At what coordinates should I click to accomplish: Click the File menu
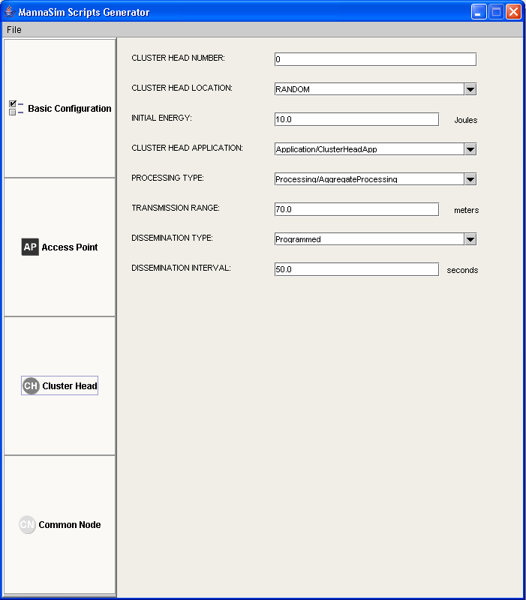pos(14,30)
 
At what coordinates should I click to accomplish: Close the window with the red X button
pos(513,12)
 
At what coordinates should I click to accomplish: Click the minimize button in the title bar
pos(479,12)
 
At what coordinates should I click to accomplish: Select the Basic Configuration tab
pos(60,109)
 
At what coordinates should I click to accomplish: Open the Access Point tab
pos(60,247)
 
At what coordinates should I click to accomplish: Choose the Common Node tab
pos(60,525)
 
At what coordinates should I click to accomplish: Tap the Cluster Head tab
pos(60,386)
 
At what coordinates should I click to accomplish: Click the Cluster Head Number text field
pos(375,59)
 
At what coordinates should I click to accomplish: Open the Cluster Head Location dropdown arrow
pos(470,89)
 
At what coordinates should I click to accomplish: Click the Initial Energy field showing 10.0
pos(356,119)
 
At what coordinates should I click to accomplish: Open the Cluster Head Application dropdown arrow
pos(470,149)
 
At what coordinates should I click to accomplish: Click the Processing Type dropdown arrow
pos(470,179)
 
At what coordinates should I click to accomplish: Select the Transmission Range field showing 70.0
pos(356,209)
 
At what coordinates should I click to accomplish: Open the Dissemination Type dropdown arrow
pos(470,239)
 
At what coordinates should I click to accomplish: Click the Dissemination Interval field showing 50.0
pos(356,269)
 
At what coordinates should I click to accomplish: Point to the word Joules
pos(465,120)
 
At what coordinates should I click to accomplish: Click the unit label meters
pos(466,210)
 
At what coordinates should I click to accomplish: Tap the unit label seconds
pos(462,270)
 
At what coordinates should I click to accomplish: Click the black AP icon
pos(30,247)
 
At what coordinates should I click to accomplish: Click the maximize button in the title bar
pos(496,12)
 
